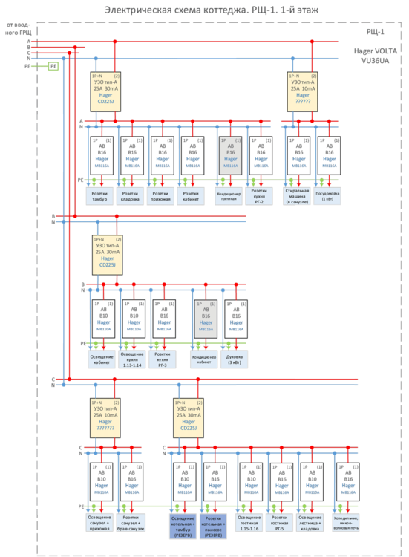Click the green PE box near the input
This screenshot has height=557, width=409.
pyautogui.click(x=53, y=66)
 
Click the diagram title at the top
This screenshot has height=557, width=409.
pyautogui.click(x=204, y=10)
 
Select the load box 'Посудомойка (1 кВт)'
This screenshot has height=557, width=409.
pyautogui.click(x=330, y=195)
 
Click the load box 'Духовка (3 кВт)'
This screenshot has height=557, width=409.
pyautogui.click(x=235, y=360)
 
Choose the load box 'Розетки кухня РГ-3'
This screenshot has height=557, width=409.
pyautogui.click(x=165, y=360)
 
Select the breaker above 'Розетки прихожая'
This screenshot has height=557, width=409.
pyautogui.click(x=163, y=154)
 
